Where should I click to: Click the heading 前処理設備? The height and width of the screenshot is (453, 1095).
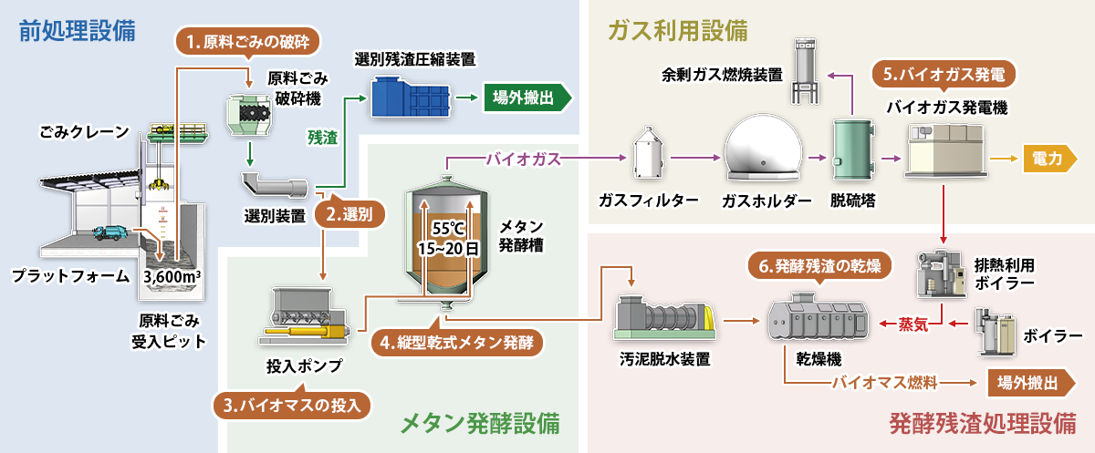coord(78,31)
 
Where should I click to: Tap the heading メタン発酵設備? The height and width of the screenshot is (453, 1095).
coord(480,424)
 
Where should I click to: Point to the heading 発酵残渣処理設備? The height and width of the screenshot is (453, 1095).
coord(982,424)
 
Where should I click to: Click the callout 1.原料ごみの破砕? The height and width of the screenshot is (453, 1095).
coord(248,41)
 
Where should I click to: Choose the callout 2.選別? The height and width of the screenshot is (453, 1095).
coord(349,216)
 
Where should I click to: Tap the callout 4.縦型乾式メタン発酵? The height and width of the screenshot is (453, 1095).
coord(458,343)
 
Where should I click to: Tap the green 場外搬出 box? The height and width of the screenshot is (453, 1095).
coord(526,98)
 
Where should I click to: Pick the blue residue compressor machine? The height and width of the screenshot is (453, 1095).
coord(411,98)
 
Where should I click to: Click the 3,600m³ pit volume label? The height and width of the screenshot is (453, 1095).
coord(173,276)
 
